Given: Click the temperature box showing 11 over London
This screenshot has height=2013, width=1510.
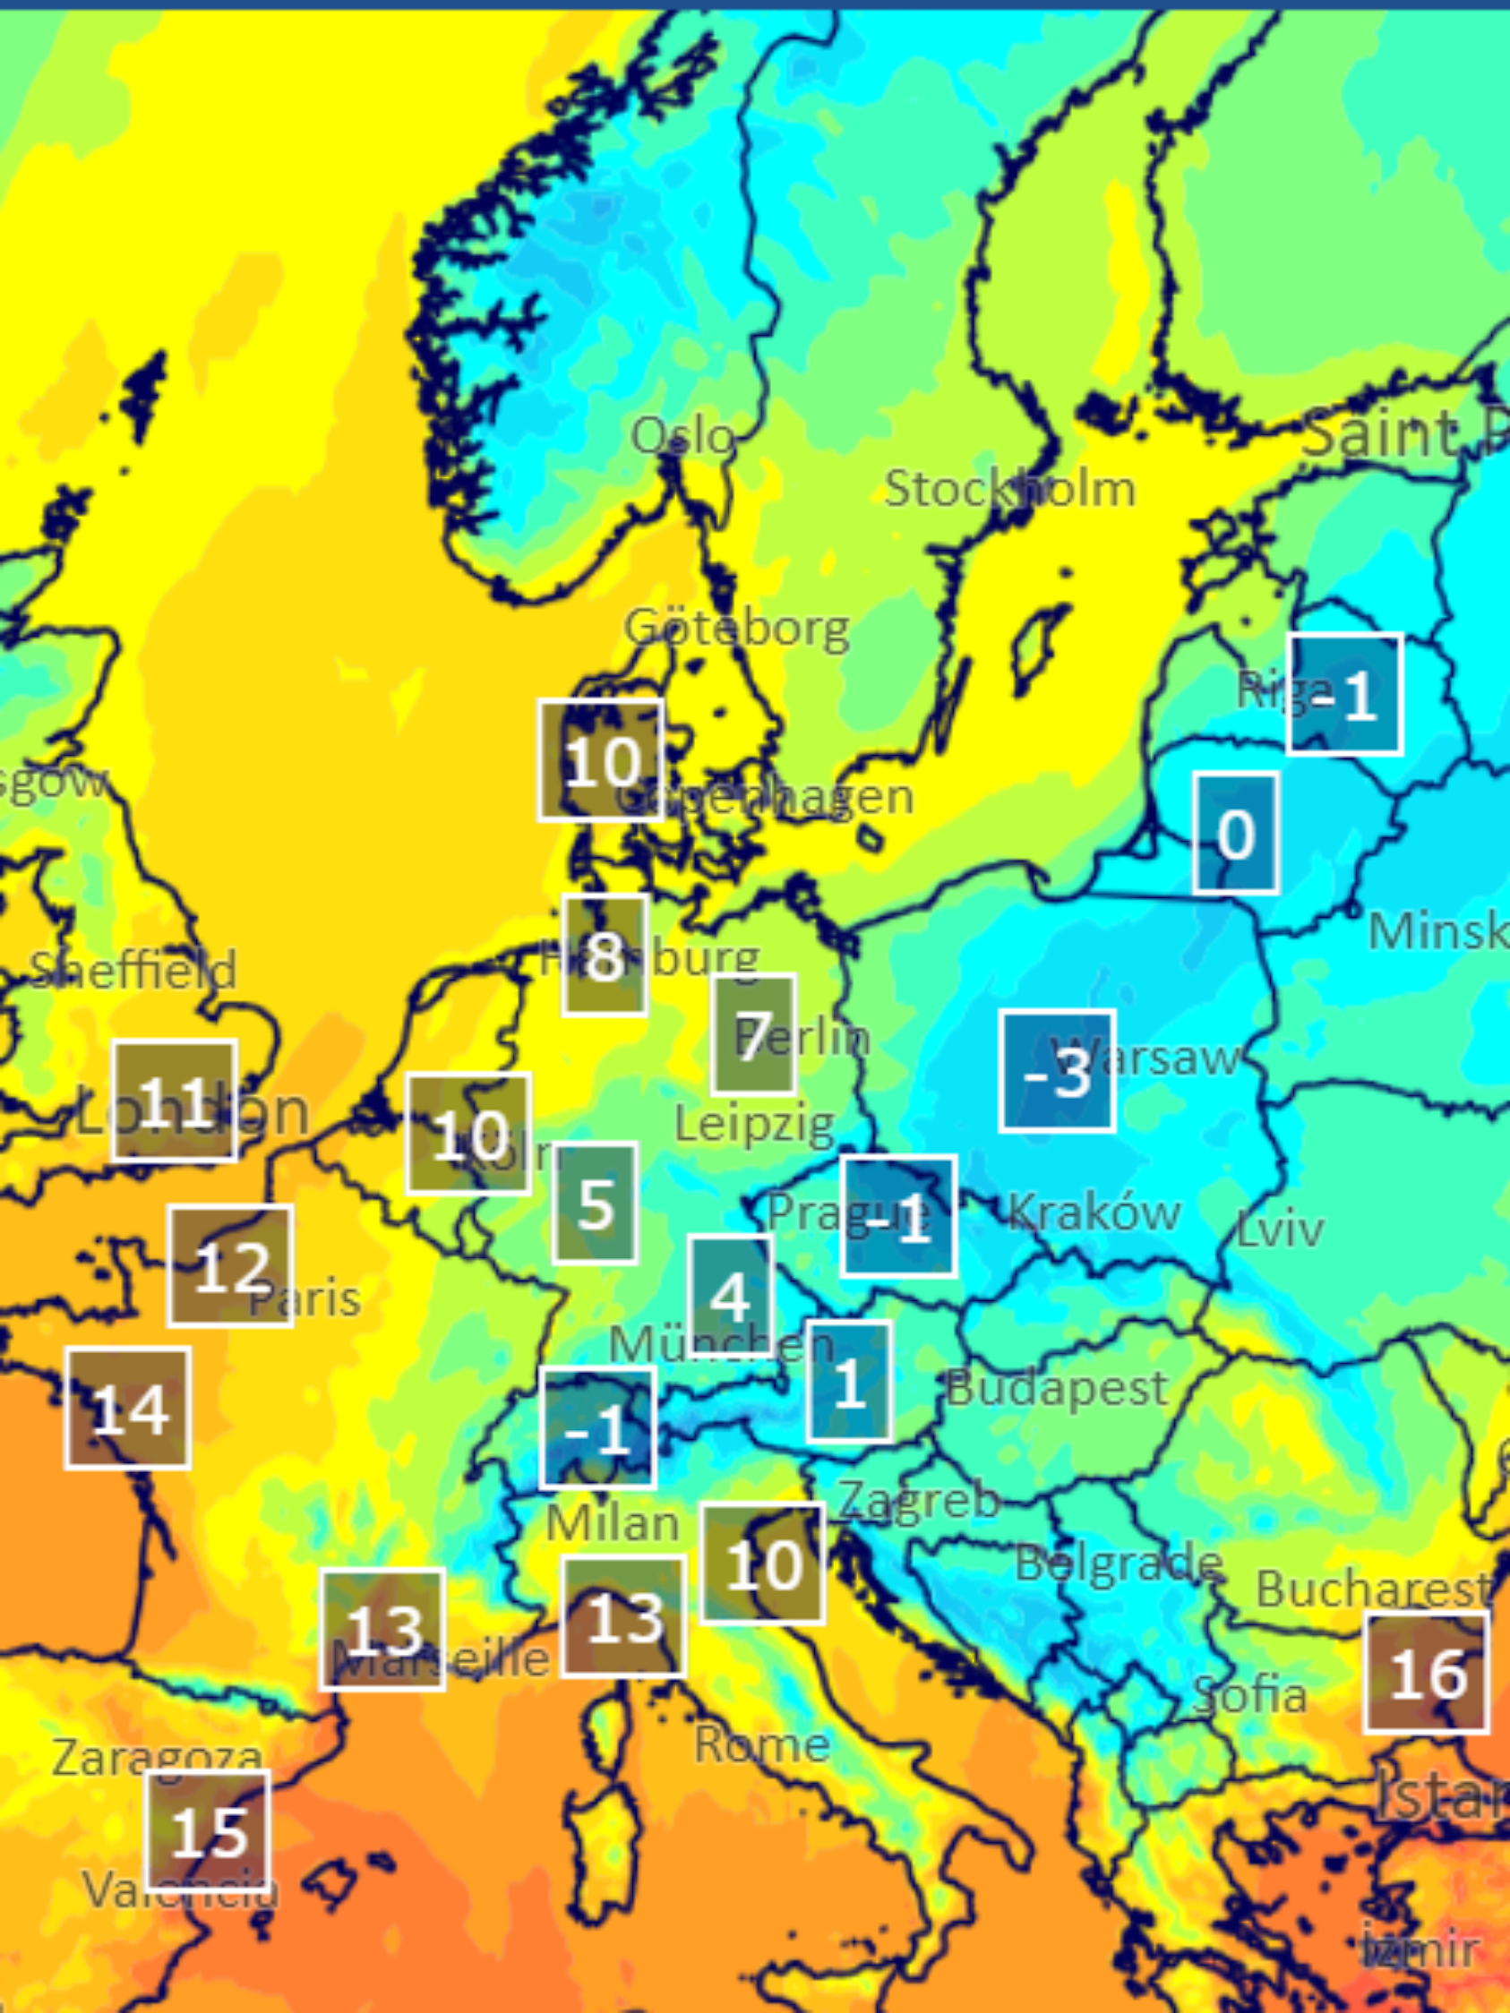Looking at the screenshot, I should click(174, 1101).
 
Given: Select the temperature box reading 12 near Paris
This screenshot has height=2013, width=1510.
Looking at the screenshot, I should click(230, 1266).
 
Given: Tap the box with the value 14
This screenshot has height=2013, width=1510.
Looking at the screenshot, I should click(128, 1409).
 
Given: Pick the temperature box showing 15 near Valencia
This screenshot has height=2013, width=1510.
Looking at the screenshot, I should click(209, 1831).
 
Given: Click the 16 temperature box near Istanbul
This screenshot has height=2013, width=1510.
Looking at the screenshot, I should click(1427, 1673).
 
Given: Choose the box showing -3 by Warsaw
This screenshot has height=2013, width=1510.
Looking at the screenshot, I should click(1057, 1071).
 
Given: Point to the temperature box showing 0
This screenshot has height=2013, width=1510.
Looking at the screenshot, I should click(1236, 833).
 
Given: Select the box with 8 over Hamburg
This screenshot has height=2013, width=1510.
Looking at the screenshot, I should click(605, 955).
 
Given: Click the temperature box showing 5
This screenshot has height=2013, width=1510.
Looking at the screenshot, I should click(596, 1204).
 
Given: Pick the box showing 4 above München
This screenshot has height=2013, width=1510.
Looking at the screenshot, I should click(730, 1296).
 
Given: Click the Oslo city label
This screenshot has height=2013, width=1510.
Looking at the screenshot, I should click(682, 437).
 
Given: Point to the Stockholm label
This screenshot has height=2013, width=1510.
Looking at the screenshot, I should click(1010, 489).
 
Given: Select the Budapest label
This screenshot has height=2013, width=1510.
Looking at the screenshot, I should click(1056, 1389).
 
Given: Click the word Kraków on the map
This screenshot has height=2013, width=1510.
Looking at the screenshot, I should click(1094, 1212).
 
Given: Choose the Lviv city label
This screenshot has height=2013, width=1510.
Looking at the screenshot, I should click(1280, 1229).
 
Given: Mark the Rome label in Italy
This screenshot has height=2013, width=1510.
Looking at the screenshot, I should click(762, 1744).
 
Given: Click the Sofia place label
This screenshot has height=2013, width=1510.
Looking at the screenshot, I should click(1249, 1694).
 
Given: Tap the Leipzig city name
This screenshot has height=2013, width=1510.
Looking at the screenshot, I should click(754, 1125).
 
